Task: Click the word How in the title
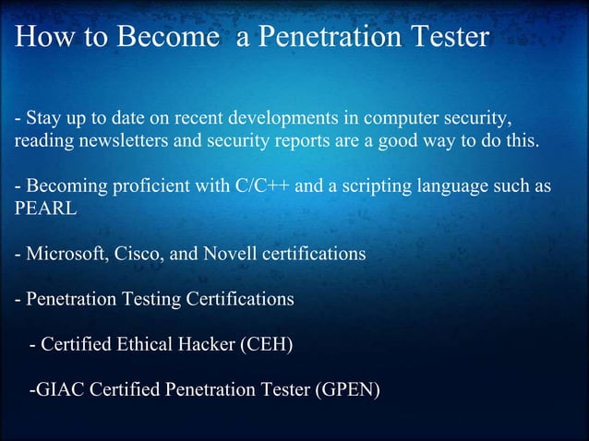coord(40,38)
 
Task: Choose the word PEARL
coord(45,209)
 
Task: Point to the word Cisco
coord(135,253)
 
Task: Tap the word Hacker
coord(207,345)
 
